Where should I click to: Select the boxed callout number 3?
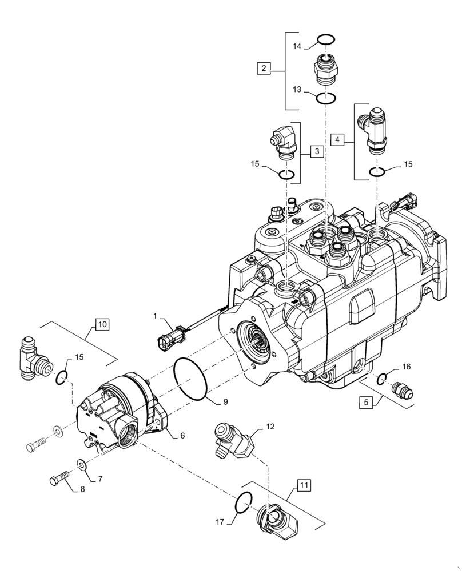click(x=316, y=151)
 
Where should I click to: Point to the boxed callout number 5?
click(x=365, y=403)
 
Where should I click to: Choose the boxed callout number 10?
click(x=101, y=325)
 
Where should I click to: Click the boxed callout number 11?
click(x=302, y=486)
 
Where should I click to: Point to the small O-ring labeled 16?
click(x=385, y=377)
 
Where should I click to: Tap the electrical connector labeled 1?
click(x=169, y=336)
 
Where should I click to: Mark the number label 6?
click(x=182, y=436)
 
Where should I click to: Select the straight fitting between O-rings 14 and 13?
click(x=325, y=70)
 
